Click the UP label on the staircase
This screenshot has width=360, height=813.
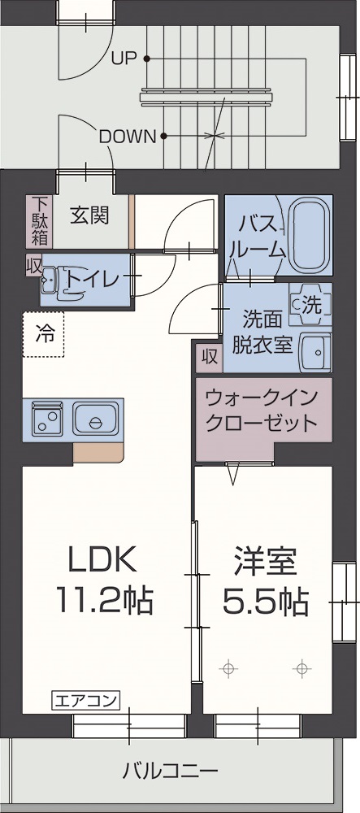click(124, 59)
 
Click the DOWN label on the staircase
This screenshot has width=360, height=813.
click(128, 137)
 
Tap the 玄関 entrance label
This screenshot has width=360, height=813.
click(90, 215)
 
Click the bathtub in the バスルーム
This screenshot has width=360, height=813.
click(310, 236)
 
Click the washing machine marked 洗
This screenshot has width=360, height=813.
click(310, 305)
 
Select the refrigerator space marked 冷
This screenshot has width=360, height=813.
click(44, 334)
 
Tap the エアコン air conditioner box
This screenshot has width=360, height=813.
click(86, 702)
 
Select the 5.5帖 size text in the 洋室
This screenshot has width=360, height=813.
click(266, 601)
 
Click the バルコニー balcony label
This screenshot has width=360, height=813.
click(171, 771)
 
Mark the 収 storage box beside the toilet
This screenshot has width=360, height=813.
click(33, 265)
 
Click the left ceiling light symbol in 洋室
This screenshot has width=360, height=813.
click(228, 669)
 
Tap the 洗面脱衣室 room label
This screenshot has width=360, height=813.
click(262, 332)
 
